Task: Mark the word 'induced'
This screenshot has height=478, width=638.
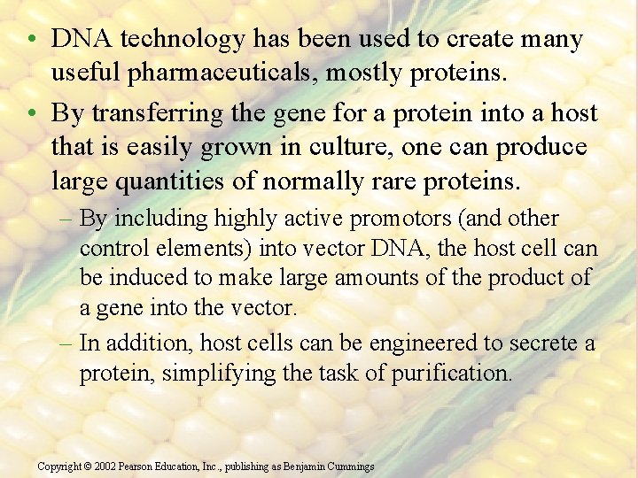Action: point(148,277)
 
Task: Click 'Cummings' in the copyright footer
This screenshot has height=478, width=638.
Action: point(350,466)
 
